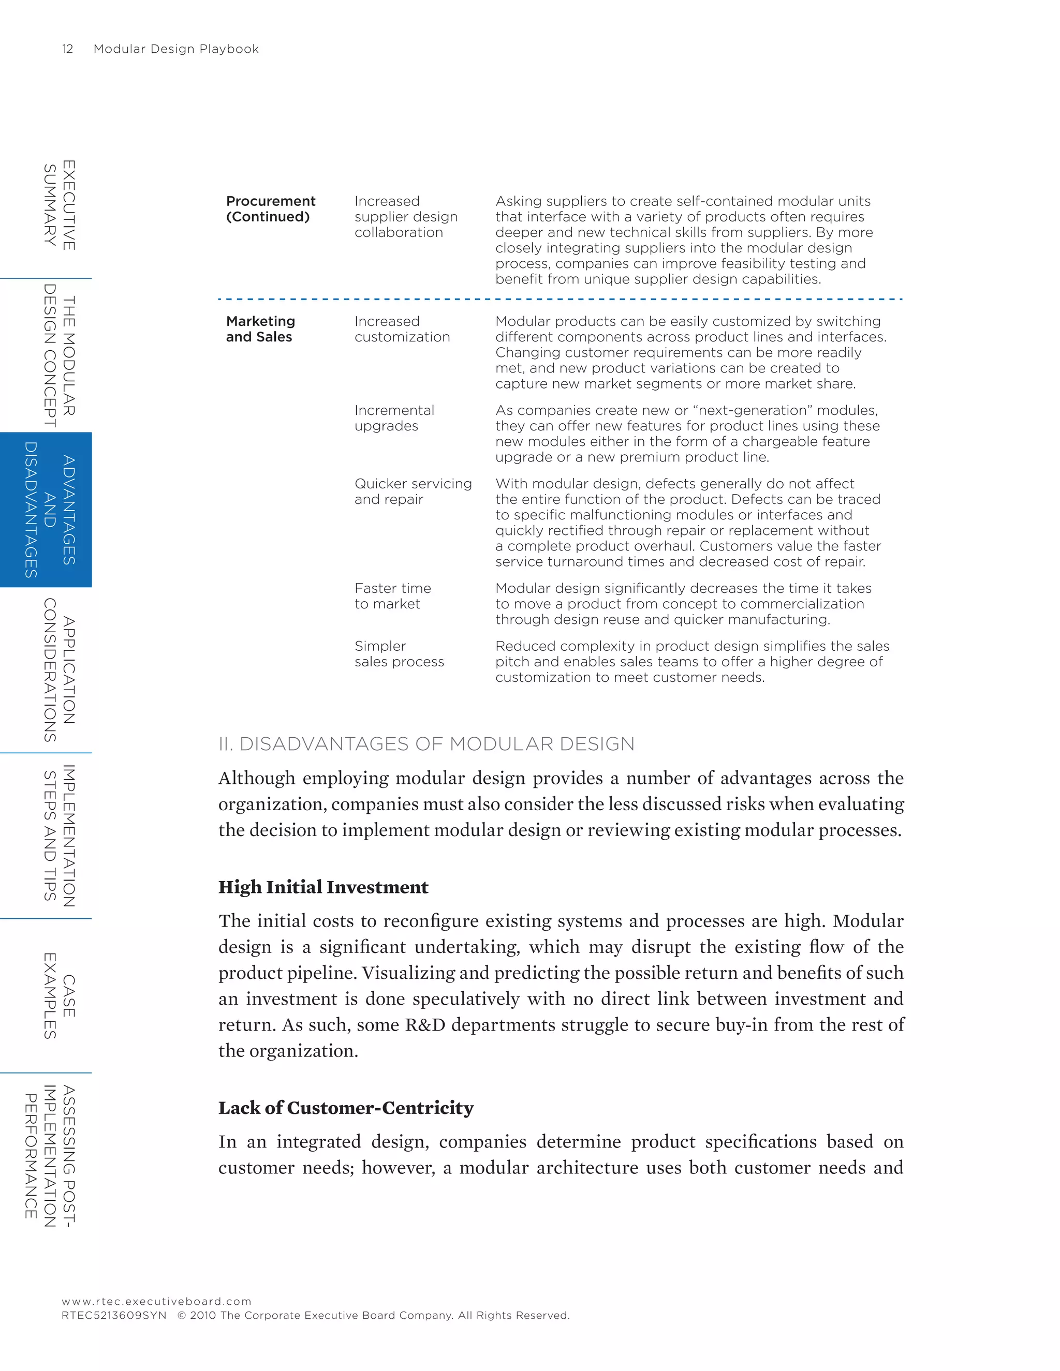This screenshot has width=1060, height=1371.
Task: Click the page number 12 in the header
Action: (x=68, y=49)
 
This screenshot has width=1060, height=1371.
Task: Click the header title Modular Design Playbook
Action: (x=176, y=49)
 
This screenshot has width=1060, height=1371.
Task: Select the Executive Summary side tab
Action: (x=59, y=205)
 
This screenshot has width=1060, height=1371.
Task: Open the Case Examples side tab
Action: (x=59, y=995)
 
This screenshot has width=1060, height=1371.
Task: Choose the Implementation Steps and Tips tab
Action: (x=59, y=836)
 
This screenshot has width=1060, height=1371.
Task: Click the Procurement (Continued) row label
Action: (x=270, y=209)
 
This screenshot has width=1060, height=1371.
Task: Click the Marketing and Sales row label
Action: (x=260, y=329)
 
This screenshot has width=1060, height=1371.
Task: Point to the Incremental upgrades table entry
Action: (x=394, y=418)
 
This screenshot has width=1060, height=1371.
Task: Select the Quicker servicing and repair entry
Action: (x=413, y=491)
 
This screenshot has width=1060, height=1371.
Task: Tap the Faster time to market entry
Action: (x=392, y=595)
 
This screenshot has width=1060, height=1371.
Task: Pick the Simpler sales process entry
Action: (x=398, y=653)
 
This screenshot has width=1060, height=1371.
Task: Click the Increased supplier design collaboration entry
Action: (x=405, y=217)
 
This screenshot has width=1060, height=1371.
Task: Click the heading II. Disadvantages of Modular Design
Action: (x=426, y=744)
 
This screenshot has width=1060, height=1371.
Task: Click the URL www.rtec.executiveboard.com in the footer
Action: (x=156, y=1301)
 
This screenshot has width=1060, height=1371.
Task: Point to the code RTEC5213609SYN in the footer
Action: (x=114, y=1315)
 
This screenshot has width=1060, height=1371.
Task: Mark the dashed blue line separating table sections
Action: (x=559, y=300)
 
